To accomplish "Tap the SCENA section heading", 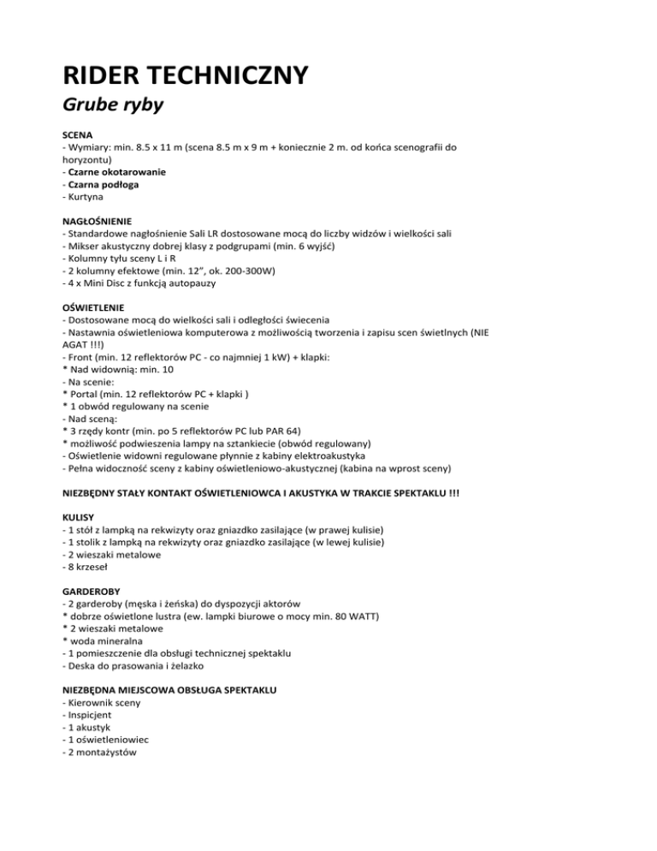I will tap(79, 135).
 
